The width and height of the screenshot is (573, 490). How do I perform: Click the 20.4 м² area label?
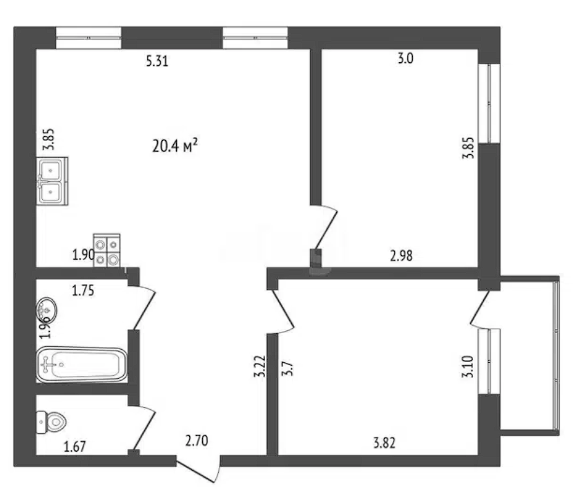[x=175, y=146]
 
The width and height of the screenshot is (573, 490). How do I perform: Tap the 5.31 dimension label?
[x=157, y=61]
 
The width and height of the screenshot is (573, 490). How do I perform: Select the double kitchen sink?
[x=52, y=181]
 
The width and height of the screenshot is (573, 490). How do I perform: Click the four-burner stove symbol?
[x=107, y=250]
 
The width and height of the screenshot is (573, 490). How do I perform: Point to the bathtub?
[x=82, y=365]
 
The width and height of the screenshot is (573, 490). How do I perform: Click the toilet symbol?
[x=51, y=422]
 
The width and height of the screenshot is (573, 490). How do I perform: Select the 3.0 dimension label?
[x=405, y=59]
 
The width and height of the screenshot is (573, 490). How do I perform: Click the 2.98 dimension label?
[x=401, y=256]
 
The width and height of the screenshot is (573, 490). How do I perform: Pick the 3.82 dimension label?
[x=384, y=443]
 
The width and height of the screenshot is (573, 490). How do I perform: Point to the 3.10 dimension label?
[x=467, y=367]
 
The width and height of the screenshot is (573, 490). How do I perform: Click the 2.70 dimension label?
[x=197, y=440]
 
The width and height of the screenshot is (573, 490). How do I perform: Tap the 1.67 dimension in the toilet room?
[x=75, y=446]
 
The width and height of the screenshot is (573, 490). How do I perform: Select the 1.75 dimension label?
[x=83, y=290]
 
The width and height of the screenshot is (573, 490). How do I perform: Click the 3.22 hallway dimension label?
[x=259, y=366]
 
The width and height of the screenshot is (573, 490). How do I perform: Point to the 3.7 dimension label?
[x=287, y=368]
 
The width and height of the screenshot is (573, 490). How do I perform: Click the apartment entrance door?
[x=198, y=469]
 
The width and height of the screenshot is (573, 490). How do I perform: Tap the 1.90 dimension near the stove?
[x=84, y=254]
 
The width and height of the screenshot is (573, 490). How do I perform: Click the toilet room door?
[x=142, y=427]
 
